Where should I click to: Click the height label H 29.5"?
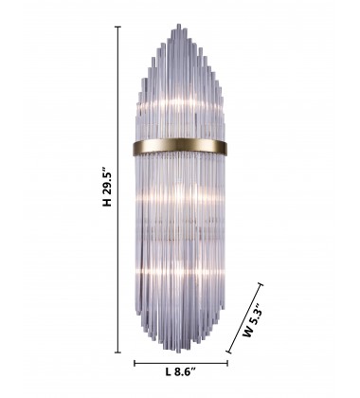pos(107,186)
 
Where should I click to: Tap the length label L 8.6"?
pos(181,371)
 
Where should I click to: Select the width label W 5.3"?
pos(253,320)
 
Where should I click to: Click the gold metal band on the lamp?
pos(180,147)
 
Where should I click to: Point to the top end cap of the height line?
pos(117,27)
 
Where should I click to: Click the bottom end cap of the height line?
pos(117,353)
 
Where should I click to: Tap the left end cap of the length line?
pos(135,363)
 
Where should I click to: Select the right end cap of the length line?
pos(227,363)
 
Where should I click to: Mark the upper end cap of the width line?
pos(261,284)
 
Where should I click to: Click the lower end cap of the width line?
pos(228,351)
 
